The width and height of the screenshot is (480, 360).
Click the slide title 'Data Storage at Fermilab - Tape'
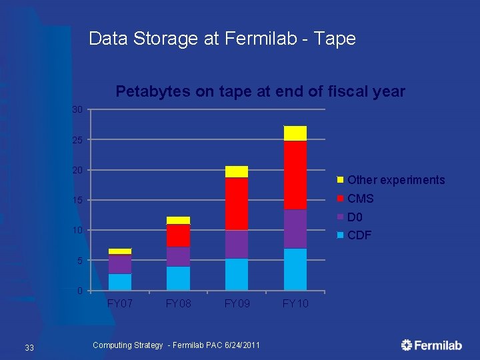coord(222,39)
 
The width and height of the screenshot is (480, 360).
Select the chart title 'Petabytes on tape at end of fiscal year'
coord(260,91)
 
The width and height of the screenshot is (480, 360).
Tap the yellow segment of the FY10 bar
coord(295,133)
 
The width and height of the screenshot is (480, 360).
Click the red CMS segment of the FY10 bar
coord(295,175)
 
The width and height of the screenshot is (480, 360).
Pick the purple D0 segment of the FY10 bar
coord(295,229)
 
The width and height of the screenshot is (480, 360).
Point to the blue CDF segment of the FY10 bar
coord(295,269)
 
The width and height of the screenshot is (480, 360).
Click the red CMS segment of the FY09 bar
coord(236,204)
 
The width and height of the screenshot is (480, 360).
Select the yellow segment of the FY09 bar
coord(236,171)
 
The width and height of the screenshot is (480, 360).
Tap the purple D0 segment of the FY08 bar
coord(178,257)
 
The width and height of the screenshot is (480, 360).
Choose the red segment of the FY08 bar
coord(178,235)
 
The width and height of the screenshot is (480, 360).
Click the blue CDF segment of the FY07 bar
coord(120,282)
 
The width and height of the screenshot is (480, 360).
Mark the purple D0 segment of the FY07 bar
coord(120,264)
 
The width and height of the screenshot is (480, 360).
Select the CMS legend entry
coord(360,199)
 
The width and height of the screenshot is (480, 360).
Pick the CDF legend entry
coord(359,235)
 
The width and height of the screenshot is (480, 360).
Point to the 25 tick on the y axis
coord(77,140)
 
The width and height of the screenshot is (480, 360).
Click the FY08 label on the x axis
coord(178,304)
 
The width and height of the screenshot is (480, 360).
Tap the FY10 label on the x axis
coord(295,304)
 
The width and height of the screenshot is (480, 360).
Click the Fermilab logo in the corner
coord(431,345)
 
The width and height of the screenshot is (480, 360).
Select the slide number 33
coord(29,347)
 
